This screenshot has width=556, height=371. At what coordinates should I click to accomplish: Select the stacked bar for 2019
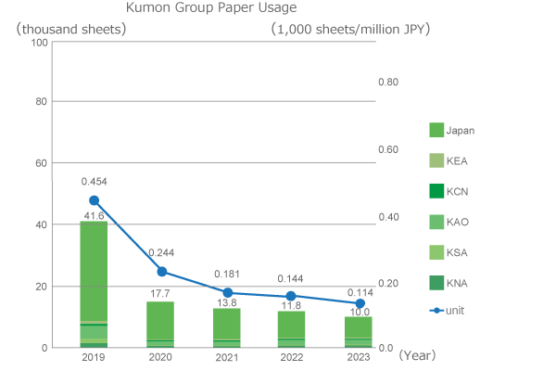pyautogui.click(x=94, y=284)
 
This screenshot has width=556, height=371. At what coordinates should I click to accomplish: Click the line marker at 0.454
pyautogui.click(x=94, y=200)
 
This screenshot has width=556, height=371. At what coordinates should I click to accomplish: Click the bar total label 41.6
pyautogui.click(x=94, y=215)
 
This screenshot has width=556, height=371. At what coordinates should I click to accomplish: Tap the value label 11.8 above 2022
pyautogui.click(x=292, y=304)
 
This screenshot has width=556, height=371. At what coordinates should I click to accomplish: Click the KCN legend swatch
pyautogui.click(x=437, y=190)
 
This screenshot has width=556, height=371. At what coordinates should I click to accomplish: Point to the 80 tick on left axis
pyautogui.click(x=41, y=101)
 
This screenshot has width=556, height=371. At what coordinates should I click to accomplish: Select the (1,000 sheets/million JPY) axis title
pyautogui.click(x=350, y=28)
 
